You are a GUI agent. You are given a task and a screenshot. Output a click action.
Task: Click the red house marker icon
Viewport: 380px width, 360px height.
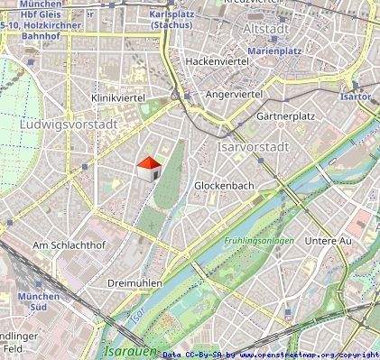click(x=148, y=168)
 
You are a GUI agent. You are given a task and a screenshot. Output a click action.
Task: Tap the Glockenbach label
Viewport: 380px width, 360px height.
click(x=224, y=186)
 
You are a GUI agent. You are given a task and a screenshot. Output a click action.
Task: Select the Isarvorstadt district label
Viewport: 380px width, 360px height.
click(x=253, y=145)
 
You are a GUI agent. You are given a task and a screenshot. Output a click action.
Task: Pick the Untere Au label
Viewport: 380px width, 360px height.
click(x=328, y=242)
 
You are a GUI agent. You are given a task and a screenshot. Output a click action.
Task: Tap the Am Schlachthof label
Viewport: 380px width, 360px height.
click(x=62, y=245)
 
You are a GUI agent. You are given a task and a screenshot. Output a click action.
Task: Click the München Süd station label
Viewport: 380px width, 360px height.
click(x=39, y=302)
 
